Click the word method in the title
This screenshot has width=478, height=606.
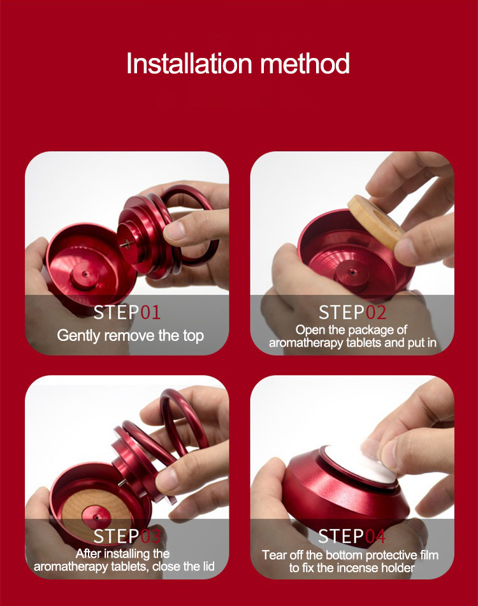305,63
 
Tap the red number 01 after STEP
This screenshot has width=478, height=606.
150,312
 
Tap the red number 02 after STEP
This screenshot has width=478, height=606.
375,312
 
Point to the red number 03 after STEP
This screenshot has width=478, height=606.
150,536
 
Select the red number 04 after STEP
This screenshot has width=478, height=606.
375,536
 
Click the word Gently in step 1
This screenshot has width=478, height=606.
79,336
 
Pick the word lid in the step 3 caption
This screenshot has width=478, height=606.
208,566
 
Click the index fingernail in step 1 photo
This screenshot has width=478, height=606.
174,231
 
